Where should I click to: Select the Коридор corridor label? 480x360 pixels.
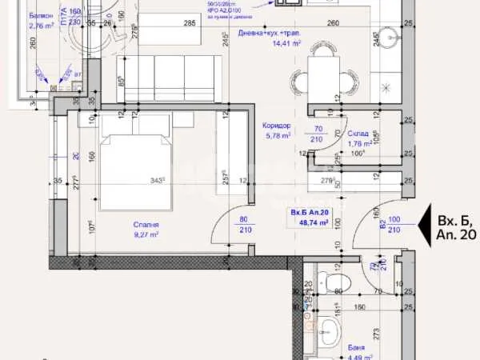click(x=275, y=126)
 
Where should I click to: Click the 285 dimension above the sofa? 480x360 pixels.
click(x=190, y=22)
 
